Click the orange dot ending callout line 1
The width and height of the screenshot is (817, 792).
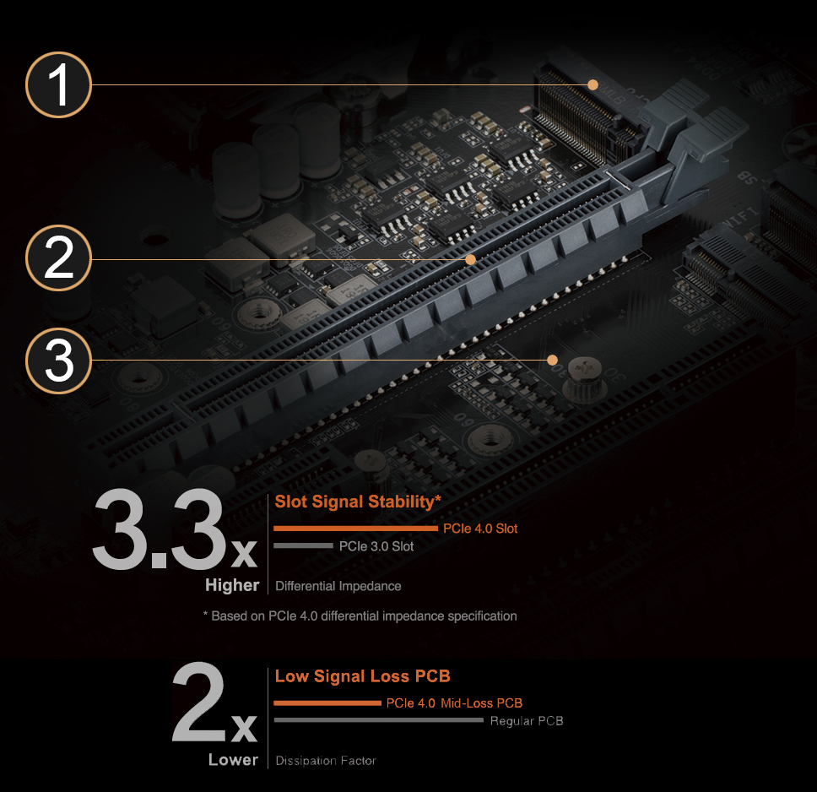click(x=593, y=84)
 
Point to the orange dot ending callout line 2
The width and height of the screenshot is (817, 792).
click(x=470, y=259)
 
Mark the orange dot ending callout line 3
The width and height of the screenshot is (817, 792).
click(x=552, y=360)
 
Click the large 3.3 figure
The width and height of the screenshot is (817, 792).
click(x=160, y=529)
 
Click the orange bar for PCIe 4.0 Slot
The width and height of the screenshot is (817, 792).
click(x=355, y=529)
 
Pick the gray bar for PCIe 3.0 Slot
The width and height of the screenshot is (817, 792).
click(x=303, y=545)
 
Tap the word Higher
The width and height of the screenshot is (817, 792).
click(x=232, y=585)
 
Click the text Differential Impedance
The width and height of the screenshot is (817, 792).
click(x=338, y=586)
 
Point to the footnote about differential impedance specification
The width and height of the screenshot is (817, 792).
click(x=360, y=616)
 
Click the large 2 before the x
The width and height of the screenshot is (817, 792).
click(x=198, y=702)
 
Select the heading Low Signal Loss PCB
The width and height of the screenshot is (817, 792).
click(x=362, y=676)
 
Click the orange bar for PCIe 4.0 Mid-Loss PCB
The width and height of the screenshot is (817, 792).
click(x=327, y=702)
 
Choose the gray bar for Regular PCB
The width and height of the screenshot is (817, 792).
click(x=379, y=720)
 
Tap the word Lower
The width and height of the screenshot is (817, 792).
click(x=233, y=760)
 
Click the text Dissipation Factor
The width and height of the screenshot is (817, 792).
click(x=326, y=761)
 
